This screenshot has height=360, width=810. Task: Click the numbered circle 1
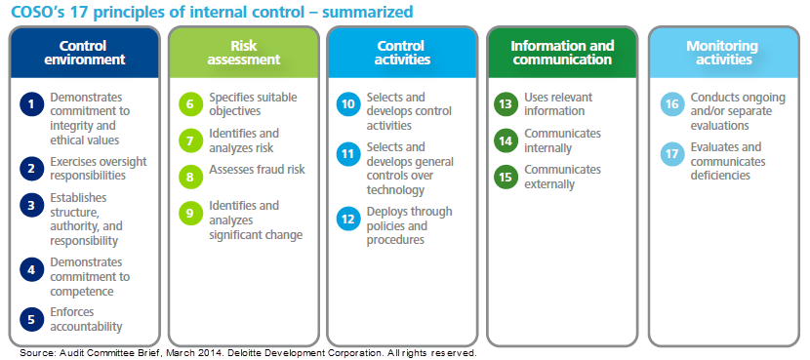32,104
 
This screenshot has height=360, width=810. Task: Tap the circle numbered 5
32,318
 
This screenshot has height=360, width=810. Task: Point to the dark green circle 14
506,140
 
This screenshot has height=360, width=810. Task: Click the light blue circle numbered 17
671,154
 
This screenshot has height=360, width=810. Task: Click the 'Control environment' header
83,53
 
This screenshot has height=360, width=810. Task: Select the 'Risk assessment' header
243,53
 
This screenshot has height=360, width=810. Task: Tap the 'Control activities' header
402,53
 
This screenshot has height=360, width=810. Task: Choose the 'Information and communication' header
562,53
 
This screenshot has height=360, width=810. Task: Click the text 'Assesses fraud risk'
257,170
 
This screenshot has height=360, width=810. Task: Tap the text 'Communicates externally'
562,177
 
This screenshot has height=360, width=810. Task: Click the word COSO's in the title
36,12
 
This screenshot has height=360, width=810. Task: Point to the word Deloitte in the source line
230,352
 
